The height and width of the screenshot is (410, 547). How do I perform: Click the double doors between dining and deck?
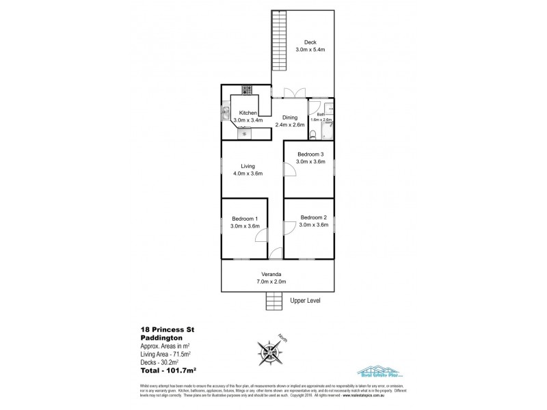[x=295, y=93]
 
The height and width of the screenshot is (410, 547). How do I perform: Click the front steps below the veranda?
[x=273, y=300]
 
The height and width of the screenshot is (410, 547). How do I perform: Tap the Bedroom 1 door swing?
[x=261, y=235]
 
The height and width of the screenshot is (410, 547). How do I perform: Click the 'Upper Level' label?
[x=305, y=301]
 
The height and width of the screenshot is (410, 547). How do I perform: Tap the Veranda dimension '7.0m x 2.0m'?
[x=276, y=282]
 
